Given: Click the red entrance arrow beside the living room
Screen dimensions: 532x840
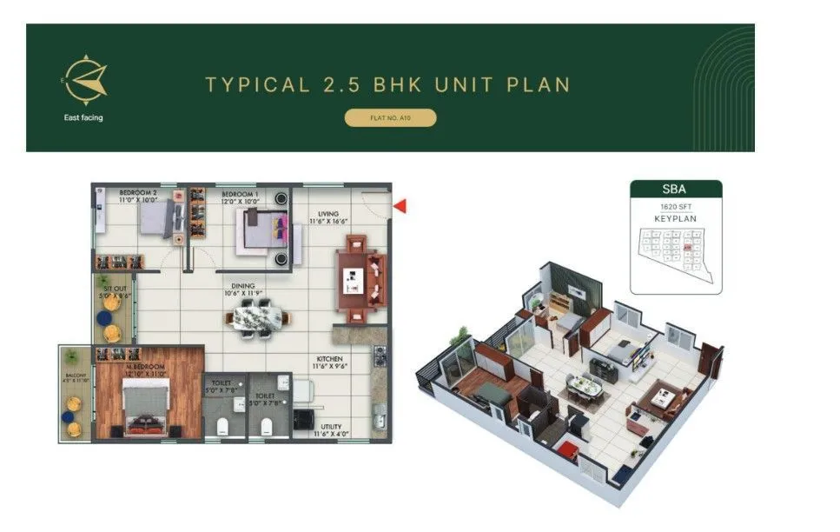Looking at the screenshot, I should tap(400, 206).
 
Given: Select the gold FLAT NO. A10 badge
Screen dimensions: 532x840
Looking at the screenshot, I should tap(390, 117).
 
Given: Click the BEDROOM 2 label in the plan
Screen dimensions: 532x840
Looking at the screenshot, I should tap(137, 194).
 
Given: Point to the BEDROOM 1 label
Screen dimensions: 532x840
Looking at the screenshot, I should tap(239, 194).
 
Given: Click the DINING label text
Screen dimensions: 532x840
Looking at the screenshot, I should tap(243, 285).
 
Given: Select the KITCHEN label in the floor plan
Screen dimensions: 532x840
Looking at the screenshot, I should tap(330, 358).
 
